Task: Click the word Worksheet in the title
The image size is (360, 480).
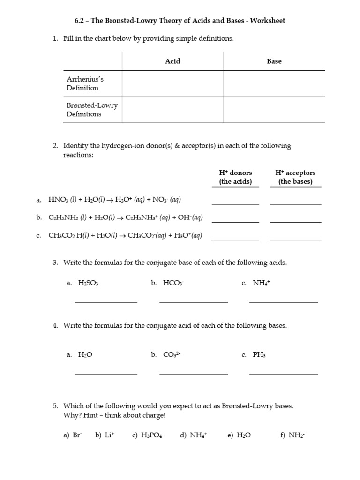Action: pos(267,21)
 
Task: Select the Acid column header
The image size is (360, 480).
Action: pos(172,61)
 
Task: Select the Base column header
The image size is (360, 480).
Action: pos(274,61)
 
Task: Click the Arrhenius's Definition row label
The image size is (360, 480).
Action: pos(83,84)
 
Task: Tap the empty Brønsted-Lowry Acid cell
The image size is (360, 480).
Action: pos(172,110)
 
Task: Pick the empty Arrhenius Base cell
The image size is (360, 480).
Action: pos(274,84)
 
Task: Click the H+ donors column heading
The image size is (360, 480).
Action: pos(235,177)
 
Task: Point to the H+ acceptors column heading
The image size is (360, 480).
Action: pos(295,177)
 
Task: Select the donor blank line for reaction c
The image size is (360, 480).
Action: pos(235,239)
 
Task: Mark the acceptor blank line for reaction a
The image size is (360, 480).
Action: pos(295,203)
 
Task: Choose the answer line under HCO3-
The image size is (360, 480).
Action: pos(194,302)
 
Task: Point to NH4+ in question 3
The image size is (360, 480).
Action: pos(262,283)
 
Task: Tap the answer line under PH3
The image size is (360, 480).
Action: pos(284,374)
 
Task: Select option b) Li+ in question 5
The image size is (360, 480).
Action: pos(105,435)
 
